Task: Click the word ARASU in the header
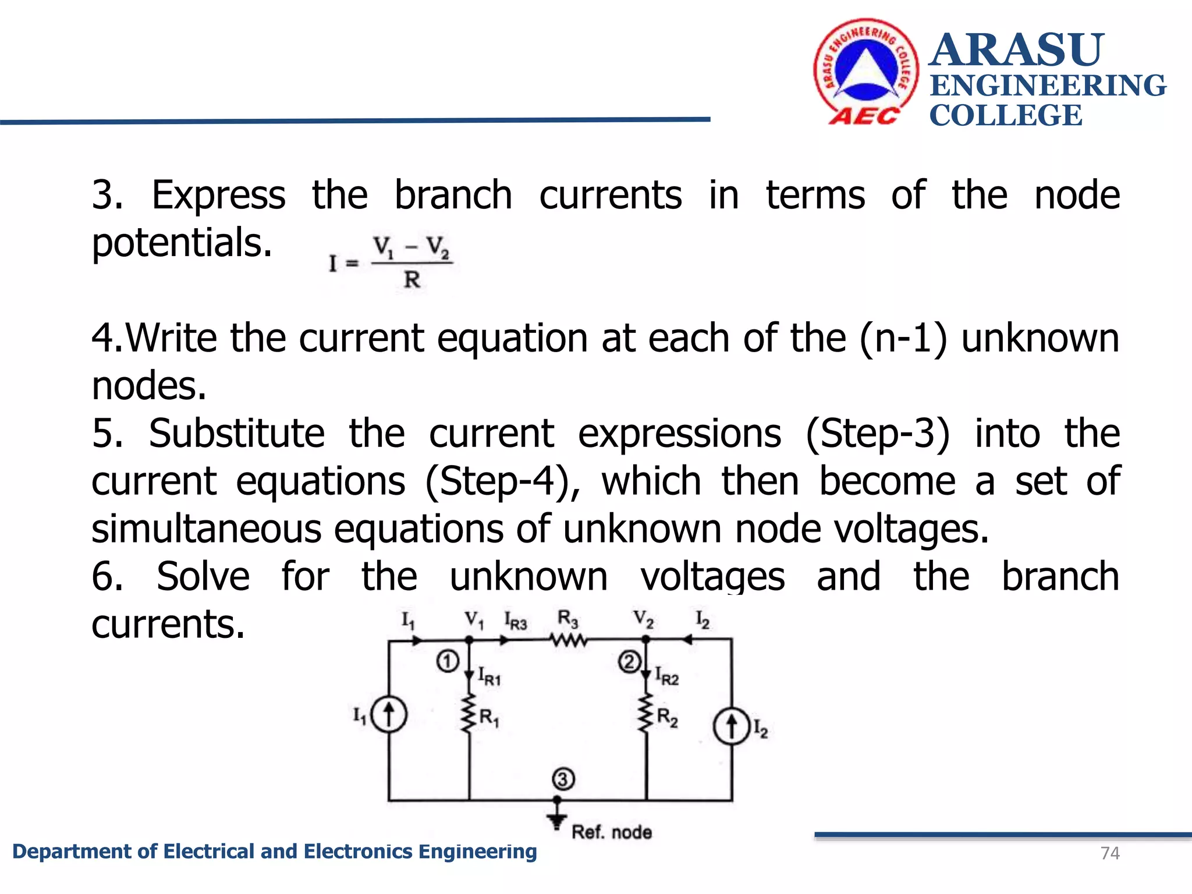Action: (1016, 50)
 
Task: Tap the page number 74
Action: (1110, 853)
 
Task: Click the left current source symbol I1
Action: (389, 714)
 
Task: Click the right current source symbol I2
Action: (732, 726)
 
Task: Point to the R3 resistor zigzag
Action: (569, 640)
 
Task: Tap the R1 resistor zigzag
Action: (469, 714)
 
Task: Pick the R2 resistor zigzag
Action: (645, 714)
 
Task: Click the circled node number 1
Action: (448, 661)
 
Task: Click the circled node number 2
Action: (629, 662)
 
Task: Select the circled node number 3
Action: (563, 779)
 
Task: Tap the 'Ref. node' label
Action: (611, 832)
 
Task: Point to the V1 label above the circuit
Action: (474, 619)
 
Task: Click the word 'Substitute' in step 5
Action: (236, 434)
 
